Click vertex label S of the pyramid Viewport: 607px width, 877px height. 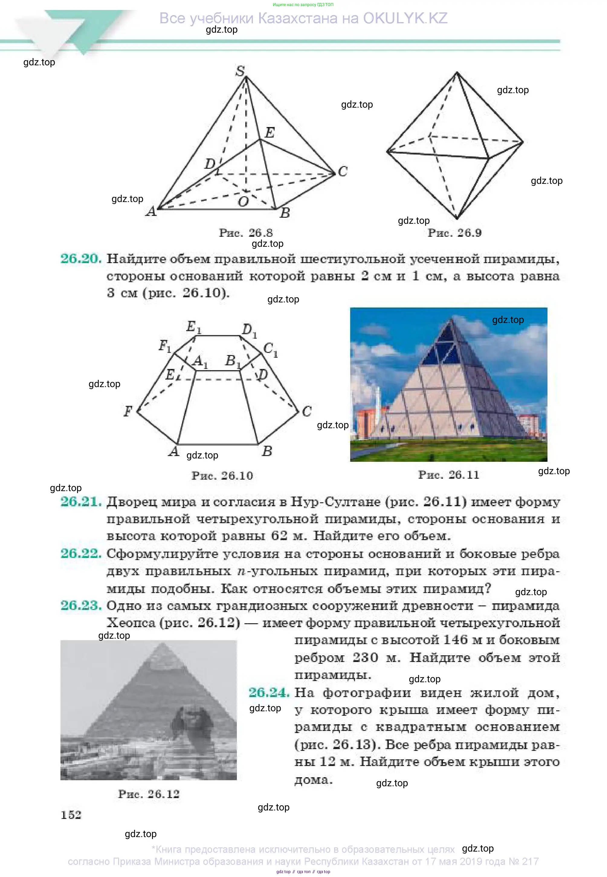(240, 71)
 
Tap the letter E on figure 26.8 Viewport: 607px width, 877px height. (270, 132)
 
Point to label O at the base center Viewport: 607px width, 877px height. (243, 201)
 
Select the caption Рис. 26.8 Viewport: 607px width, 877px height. (246, 233)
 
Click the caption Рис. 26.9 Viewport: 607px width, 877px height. (454, 233)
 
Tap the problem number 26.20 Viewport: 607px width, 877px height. (81, 259)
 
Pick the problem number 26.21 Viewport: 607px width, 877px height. (81, 502)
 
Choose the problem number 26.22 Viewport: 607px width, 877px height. (81, 553)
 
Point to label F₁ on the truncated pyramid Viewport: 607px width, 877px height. (165, 346)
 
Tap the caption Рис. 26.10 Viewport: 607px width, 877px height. (222, 475)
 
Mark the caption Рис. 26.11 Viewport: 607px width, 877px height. (449, 475)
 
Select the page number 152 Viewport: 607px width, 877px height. (71, 815)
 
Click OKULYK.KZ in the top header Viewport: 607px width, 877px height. (405, 18)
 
